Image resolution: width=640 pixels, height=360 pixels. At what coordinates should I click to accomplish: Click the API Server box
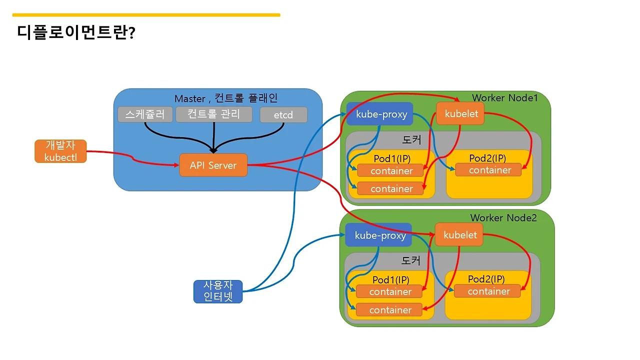click(x=213, y=165)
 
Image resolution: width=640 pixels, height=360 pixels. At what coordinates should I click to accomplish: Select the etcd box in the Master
click(x=283, y=115)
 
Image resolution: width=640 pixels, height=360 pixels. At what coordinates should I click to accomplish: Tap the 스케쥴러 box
click(x=145, y=114)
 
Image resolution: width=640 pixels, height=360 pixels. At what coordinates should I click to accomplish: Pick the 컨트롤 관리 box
click(x=213, y=114)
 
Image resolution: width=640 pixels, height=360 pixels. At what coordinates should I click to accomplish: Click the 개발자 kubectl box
click(x=60, y=151)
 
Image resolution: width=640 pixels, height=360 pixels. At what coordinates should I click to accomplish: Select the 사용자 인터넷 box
click(x=218, y=291)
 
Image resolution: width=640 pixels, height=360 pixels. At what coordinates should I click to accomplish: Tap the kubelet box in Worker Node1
click(x=461, y=113)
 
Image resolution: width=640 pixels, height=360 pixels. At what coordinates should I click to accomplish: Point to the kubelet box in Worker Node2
click(x=459, y=235)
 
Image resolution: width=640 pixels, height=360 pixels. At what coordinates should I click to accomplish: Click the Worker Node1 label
click(x=504, y=97)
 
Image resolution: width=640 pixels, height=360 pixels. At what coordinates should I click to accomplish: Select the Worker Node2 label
click(x=503, y=218)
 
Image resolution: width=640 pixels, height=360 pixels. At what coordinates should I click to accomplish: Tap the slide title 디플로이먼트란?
click(x=76, y=33)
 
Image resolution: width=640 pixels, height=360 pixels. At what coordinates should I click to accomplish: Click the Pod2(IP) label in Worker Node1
click(x=487, y=158)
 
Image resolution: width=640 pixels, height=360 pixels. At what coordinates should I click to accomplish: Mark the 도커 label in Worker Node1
click(x=411, y=140)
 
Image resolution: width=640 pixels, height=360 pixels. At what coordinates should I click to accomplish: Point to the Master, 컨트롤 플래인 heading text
click(x=226, y=98)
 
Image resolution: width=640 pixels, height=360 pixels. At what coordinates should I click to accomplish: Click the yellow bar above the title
click(x=146, y=15)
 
